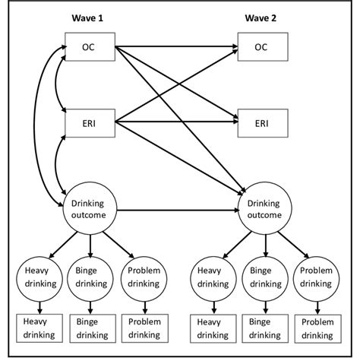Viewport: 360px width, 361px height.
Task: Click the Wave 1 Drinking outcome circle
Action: click(x=90, y=208)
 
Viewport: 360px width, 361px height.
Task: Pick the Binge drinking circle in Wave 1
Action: click(x=90, y=277)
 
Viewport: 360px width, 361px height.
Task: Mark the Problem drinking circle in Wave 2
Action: click(x=316, y=277)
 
